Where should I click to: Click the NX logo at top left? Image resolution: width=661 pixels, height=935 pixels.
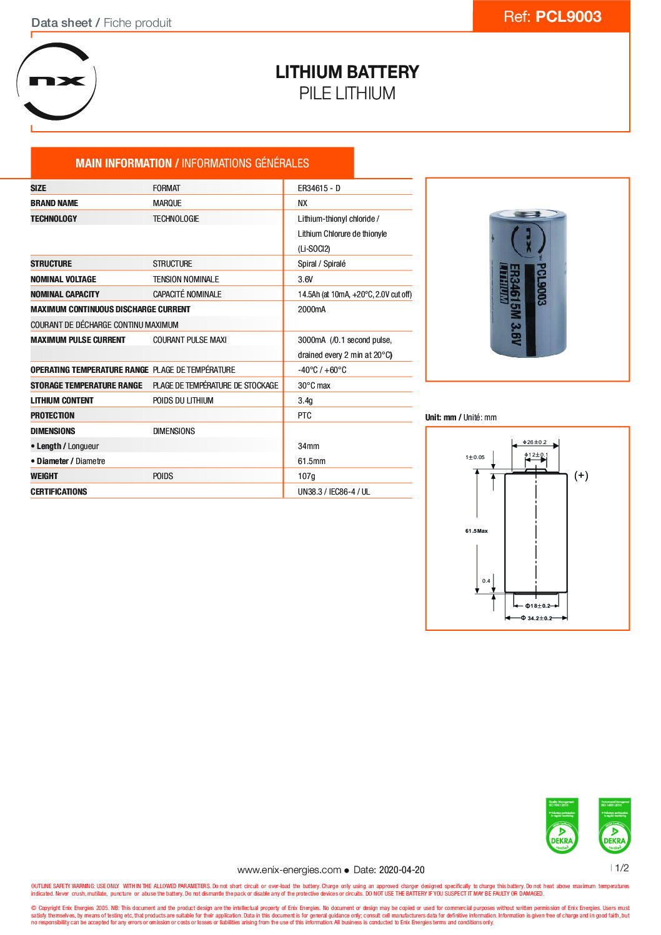[57, 81]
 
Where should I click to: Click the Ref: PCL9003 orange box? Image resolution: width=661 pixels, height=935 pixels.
[552, 16]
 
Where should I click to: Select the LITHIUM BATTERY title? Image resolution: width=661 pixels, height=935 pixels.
[347, 72]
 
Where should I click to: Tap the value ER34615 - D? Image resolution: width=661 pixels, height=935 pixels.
[319, 188]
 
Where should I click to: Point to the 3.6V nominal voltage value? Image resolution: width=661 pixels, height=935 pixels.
[305, 279]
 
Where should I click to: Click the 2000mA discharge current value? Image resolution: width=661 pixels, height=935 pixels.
[311, 309]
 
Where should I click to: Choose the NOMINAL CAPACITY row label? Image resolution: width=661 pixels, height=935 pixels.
[65, 294]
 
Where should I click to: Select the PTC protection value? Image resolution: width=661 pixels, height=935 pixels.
[304, 415]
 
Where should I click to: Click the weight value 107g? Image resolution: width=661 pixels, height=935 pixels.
[306, 476]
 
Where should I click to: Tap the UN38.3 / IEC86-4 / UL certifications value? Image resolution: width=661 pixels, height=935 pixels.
[334, 492]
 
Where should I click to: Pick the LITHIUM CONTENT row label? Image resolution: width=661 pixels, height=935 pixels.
[62, 400]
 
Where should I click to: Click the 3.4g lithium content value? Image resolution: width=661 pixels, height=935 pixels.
[305, 400]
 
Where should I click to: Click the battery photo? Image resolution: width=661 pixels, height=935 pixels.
[527, 282]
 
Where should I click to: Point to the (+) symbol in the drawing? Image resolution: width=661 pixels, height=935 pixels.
[581, 475]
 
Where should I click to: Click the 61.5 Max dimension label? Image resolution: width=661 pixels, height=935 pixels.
[476, 531]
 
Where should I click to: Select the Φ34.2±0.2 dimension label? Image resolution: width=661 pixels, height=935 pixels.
[537, 618]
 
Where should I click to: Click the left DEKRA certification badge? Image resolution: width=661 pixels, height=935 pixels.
[562, 825]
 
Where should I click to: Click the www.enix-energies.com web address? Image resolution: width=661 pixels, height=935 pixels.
[289, 869]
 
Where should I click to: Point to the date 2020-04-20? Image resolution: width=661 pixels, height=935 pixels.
[402, 869]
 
